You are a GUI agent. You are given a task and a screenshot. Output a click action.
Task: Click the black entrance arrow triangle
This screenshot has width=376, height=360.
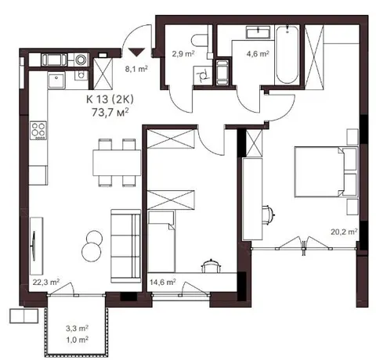137,52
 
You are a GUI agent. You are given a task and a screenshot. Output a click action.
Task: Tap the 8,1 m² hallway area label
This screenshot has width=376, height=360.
136,69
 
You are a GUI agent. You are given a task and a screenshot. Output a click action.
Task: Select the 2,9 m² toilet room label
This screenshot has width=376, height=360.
183,54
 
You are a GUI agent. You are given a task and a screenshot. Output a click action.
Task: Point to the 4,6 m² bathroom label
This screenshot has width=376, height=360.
258,54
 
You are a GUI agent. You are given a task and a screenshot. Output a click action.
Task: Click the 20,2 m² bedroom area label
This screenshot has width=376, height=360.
344,232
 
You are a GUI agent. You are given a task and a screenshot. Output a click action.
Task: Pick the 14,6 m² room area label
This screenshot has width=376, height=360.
162,282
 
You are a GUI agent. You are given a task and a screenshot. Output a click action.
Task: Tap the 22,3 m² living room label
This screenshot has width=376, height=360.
46,282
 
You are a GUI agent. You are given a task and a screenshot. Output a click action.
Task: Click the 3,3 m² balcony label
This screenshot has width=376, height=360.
77,328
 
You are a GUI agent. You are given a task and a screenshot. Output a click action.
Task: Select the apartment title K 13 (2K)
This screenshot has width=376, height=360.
110,99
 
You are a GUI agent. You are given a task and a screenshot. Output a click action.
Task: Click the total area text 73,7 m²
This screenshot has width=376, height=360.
110,112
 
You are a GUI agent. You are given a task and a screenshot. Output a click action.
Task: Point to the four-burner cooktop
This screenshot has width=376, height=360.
38,131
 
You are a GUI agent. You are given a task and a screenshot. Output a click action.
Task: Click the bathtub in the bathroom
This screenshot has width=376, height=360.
287,55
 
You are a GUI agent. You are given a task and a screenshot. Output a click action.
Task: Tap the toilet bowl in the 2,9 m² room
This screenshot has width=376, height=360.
200,40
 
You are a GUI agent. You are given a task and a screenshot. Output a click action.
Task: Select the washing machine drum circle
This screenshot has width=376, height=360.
81,59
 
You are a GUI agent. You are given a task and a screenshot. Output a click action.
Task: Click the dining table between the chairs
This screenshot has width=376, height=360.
117,163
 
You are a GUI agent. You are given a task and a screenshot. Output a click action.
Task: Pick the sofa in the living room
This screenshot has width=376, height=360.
126,246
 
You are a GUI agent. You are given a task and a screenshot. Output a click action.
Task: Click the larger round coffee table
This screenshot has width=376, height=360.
92,252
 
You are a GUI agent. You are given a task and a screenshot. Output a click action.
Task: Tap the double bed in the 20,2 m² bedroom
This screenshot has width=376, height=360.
326,172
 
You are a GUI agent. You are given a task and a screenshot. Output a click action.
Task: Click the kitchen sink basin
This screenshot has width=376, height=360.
56,81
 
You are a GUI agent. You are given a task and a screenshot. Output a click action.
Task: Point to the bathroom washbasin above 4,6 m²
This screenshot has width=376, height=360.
258,32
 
